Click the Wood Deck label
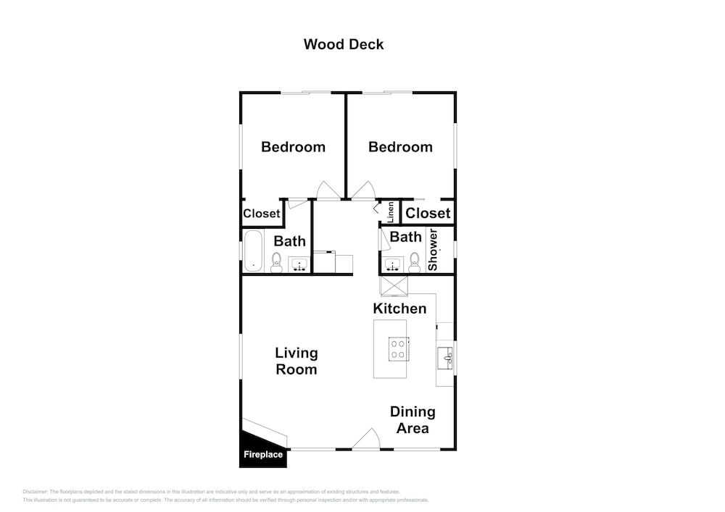point(344,44)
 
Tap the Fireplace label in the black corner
point(263,455)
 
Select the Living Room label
point(297,361)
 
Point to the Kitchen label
point(399,309)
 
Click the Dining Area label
point(413,419)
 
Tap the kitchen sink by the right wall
point(445,358)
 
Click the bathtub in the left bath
point(253,251)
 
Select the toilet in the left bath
point(276,263)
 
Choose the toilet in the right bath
point(414,262)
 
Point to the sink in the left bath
point(299,265)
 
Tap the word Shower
point(432,250)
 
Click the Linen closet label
point(391,212)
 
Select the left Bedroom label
point(293,147)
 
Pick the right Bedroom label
point(400,147)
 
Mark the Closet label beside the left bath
point(262,214)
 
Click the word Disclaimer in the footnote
point(35,492)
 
